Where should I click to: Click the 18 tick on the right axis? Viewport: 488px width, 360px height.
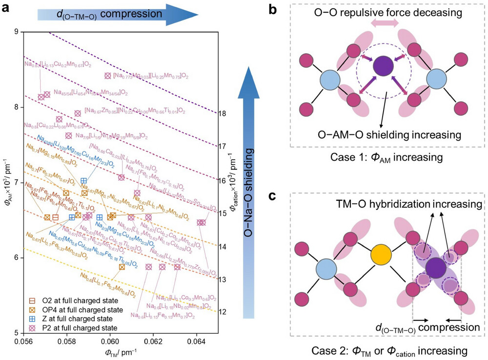[x=224, y=113]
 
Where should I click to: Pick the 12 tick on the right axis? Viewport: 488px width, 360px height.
[x=224, y=312]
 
